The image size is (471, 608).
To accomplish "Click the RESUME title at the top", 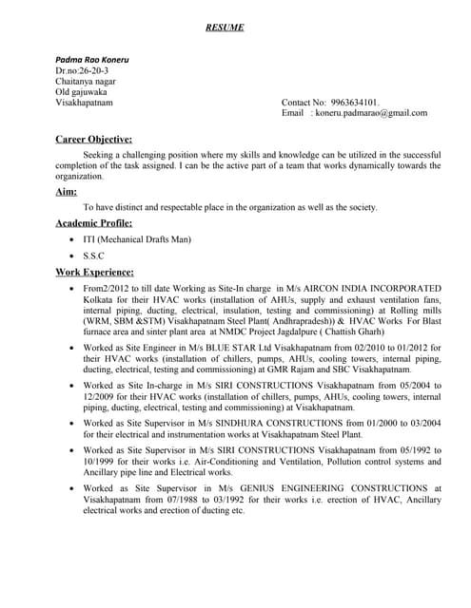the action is tap(226, 28).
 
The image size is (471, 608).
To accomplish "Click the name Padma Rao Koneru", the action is tap(92, 60).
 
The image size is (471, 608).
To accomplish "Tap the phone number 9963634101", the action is tap(353, 101).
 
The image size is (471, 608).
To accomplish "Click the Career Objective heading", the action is tap(99, 139).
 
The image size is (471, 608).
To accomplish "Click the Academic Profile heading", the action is tap(94, 223).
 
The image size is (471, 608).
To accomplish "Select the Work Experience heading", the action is tap(95, 273).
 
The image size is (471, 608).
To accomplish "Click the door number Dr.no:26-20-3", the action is tap(82, 70).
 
